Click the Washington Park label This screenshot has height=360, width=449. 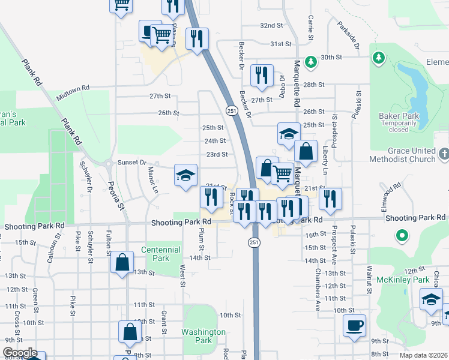(x=205, y=336)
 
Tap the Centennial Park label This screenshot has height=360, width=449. (x=160, y=254)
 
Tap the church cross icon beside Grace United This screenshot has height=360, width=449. (x=444, y=154)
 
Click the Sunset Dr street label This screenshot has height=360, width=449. (x=131, y=162)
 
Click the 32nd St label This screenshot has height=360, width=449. (x=271, y=25)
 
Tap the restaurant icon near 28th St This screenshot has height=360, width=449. (x=262, y=75)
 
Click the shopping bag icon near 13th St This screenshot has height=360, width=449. (x=122, y=262)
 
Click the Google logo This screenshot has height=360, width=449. (x=20, y=353)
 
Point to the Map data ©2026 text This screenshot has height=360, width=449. (x=423, y=355)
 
